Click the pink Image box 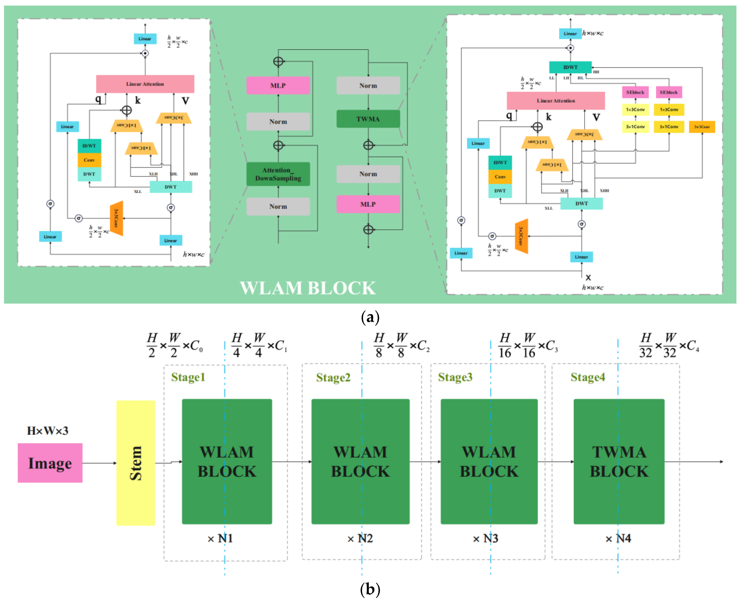point(50,463)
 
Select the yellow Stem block point(135,463)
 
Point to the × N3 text point(485,538)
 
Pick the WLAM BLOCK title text point(308,288)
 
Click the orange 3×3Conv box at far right point(702,127)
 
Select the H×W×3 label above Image point(48,431)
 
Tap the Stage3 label point(455,377)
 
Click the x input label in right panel point(588,277)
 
